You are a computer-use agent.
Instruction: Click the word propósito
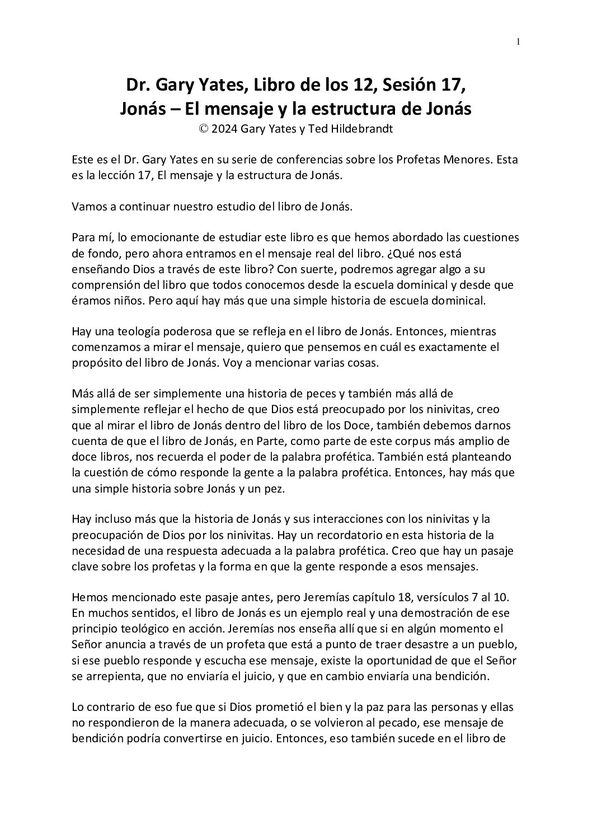95,362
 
